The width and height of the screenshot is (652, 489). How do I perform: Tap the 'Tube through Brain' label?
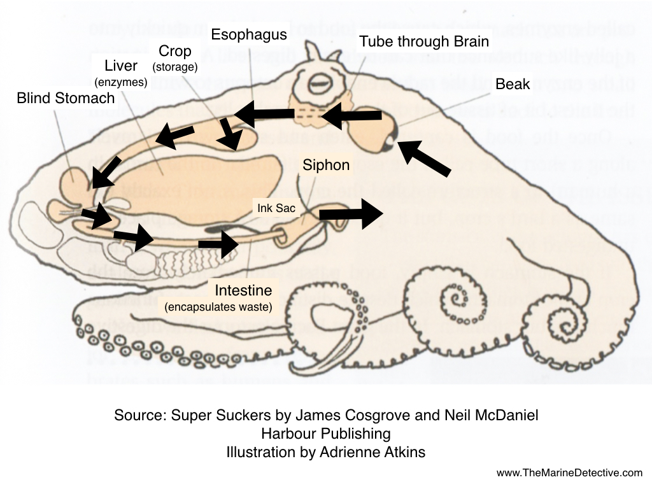(424, 42)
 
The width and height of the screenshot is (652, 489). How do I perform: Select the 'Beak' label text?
(513, 83)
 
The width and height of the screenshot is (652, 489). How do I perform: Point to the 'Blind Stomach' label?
(66, 98)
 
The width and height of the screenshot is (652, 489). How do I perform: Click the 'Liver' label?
(121, 66)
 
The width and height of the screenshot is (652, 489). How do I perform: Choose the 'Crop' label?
(175, 51)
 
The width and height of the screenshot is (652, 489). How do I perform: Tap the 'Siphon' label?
(326, 166)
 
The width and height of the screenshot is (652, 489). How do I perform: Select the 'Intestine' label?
(243, 291)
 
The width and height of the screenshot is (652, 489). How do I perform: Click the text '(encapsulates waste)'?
(218, 307)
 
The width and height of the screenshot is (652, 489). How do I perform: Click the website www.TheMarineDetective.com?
(570, 472)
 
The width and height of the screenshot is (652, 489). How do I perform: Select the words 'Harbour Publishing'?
(325, 434)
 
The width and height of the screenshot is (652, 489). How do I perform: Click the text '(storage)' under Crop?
(175, 66)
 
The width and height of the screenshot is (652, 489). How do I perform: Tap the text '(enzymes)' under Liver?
(121, 81)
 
